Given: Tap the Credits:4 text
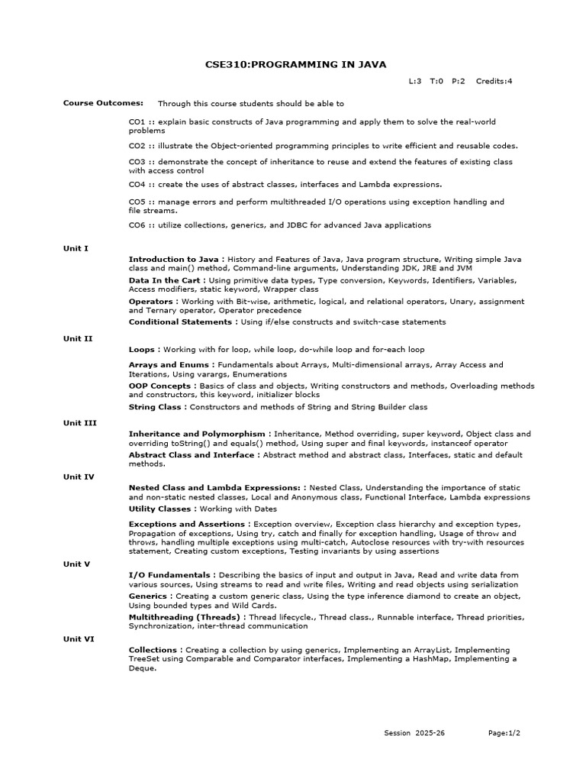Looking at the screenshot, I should point(494,81).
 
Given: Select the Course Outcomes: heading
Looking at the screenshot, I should point(103,103).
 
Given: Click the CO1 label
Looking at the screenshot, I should point(137,121).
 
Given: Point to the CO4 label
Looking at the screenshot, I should point(137,184).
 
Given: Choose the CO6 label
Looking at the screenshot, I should point(137,225).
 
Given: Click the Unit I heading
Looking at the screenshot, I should point(76,248).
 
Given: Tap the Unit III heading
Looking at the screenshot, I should point(79,422).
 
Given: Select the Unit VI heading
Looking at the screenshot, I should point(79,639).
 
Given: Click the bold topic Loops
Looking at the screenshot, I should point(143,349).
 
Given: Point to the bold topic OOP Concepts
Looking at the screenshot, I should point(161,386).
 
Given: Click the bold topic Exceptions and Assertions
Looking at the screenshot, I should point(187,524).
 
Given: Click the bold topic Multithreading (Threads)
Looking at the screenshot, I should point(185,616).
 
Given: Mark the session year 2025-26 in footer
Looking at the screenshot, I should point(430,733).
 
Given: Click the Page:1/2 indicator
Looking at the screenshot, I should point(504,733).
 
